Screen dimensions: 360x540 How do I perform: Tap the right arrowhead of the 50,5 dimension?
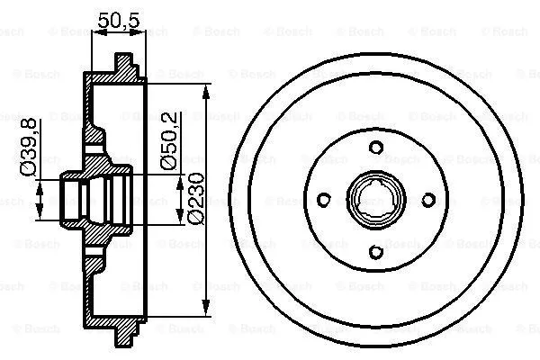point(141,32)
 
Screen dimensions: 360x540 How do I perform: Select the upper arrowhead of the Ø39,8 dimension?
point(40,184)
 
